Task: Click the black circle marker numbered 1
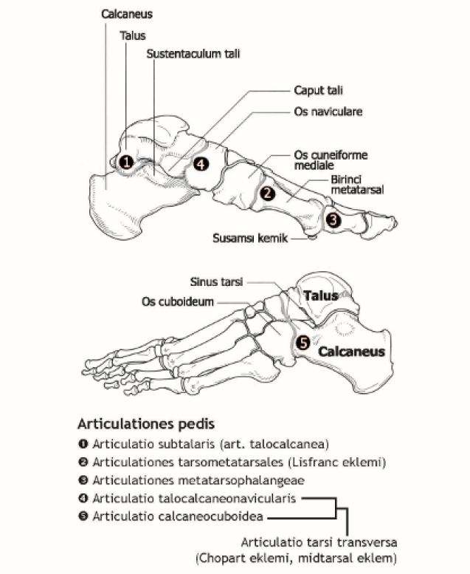click(126, 161)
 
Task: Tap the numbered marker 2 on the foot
click(268, 194)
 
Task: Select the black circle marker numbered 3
click(334, 219)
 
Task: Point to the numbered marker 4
click(201, 164)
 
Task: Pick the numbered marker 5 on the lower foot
click(303, 343)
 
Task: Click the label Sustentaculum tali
click(193, 54)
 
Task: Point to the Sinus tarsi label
click(216, 281)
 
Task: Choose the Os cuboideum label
click(177, 301)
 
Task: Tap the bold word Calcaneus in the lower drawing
click(351, 352)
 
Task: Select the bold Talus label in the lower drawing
click(321, 295)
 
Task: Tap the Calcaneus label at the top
click(128, 14)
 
